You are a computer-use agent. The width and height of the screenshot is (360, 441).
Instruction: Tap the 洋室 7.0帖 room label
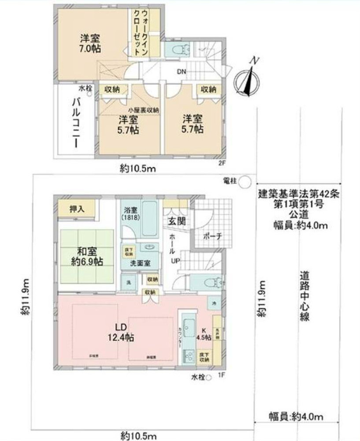point(90,43)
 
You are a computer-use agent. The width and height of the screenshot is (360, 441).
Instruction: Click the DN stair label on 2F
point(182,71)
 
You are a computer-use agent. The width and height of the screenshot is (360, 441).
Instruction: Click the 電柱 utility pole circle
point(245,181)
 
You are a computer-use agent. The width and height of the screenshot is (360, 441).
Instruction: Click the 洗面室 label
point(141,263)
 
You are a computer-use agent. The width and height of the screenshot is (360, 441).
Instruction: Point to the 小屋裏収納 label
point(143,109)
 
